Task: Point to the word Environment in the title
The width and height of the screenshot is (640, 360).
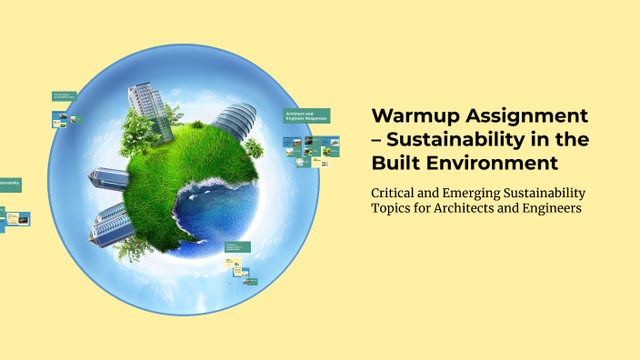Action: coord(486,164)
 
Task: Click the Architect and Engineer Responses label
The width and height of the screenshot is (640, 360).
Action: coord(306,115)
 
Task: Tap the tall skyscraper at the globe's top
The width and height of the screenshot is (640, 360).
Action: coord(145,105)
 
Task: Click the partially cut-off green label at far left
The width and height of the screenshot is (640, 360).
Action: coord(9,184)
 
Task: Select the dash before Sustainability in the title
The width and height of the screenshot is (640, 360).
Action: coord(378,140)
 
